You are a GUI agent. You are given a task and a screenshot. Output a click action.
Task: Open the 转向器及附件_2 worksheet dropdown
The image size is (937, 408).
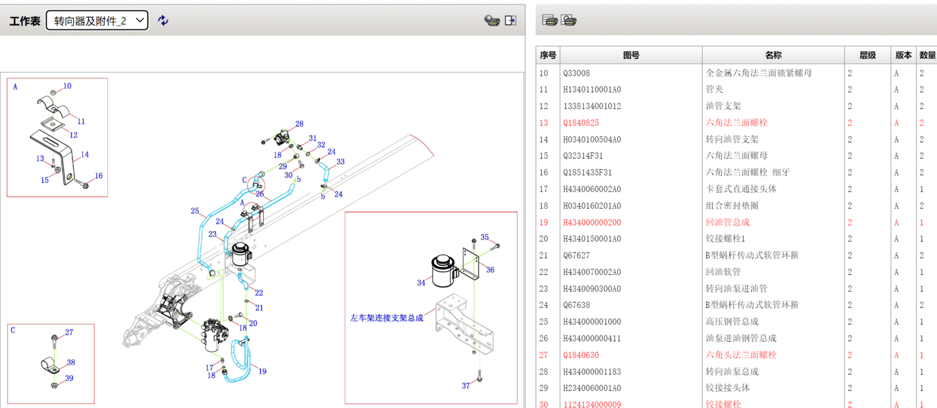pyautogui.click(x=97, y=21)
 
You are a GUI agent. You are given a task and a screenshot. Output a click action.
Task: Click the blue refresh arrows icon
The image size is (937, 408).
pyautogui.click(x=163, y=21)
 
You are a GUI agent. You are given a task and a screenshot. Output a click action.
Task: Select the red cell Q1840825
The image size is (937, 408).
pyautogui.click(x=580, y=123)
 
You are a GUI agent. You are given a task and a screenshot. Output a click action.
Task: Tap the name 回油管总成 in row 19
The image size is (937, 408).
pyautogui.click(x=727, y=222)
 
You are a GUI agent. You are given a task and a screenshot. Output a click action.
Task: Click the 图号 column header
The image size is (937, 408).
pyautogui.click(x=631, y=55)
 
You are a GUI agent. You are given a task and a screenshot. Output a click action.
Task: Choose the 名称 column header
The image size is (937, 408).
pyautogui.click(x=773, y=55)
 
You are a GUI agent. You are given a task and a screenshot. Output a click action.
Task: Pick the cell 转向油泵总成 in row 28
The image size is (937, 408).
pyautogui.click(x=731, y=372)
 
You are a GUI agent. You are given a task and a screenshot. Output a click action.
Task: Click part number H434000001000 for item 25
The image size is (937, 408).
pyautogui.click(x=592, y=322)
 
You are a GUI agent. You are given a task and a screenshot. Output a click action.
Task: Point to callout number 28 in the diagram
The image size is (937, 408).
pyautogui.click(x=299, y=124)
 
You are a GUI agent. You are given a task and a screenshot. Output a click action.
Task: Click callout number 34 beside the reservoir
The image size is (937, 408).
pyautogui.click(x=421, y=283)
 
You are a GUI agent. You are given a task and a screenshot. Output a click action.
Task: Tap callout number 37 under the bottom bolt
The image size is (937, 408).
pyautogui.click(x=466, y=386)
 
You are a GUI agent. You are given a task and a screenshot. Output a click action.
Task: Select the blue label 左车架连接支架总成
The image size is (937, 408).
pyautogui.click(x=387, y=318)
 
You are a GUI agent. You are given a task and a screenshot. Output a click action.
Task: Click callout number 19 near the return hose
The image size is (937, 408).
pyautogui.click(x=262, y=371)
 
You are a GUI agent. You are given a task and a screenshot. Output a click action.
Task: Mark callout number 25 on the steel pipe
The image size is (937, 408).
pyautogui.click(x=195, y=211)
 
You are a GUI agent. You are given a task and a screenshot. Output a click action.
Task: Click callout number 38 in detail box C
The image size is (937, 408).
pyautogui.click(x=71, y=362)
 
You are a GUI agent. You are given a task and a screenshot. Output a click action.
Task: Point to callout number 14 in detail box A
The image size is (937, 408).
pyautogui.click(x=85, y=154)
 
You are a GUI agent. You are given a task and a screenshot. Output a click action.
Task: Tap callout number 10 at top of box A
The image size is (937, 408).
pyautogui.click(x=67, y=86)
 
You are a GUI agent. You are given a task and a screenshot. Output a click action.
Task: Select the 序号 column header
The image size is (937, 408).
pyautogui.click(x=548, y=55)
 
